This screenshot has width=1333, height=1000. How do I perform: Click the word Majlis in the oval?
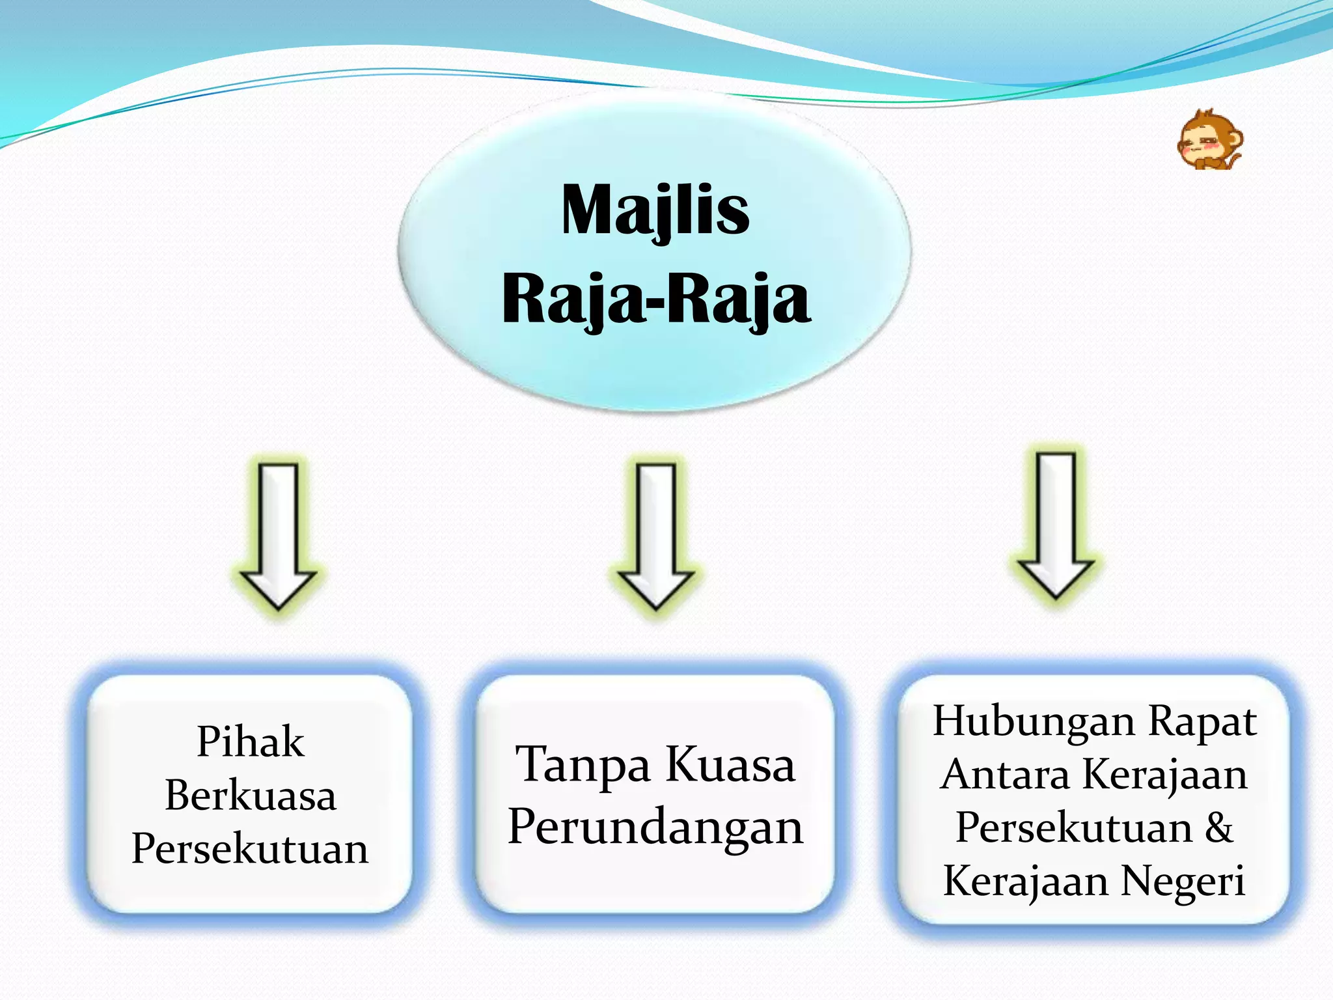pos(655,210)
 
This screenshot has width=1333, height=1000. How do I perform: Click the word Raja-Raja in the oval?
pos(656,299)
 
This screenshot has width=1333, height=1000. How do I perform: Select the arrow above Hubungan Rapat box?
pos(1055,524)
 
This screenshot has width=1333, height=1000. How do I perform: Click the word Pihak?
pos(250,742)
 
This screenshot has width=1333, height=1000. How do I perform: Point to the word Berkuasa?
pos(251,796)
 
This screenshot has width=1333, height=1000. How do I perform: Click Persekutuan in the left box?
pos(250,849)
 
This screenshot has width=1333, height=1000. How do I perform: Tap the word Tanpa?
pos(583,765)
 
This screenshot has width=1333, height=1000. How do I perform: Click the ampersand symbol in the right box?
pos(1218,828)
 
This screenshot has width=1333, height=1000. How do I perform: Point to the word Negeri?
pos(1183,881)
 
